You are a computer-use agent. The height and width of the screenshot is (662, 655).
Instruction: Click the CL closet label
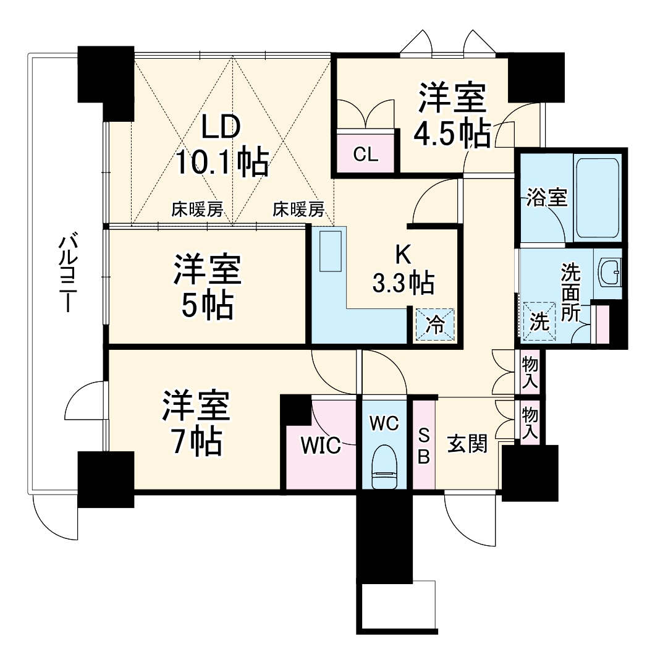(x=365, y=155)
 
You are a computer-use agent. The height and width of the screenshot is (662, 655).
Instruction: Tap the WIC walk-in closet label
(x=320, y=445)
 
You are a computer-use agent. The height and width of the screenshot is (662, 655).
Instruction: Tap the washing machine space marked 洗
(x=539, y=321)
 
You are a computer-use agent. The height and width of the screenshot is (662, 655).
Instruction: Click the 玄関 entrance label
(x=467, y=443)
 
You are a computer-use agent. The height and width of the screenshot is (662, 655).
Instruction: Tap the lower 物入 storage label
(x=529, y=422)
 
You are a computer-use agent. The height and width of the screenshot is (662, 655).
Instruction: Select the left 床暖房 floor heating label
(x=197, y=210)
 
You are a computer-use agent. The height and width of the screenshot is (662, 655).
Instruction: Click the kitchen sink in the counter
(x=331, y=250)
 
